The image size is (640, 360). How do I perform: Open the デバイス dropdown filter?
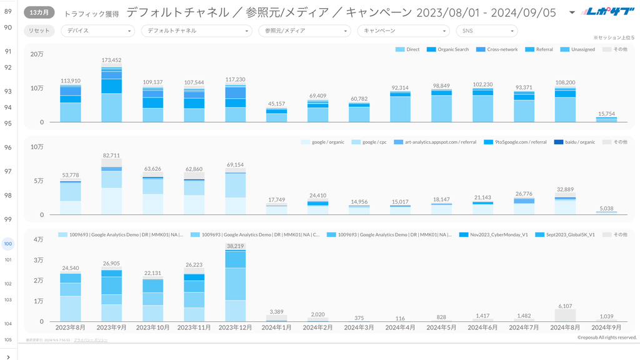tap(97, 31)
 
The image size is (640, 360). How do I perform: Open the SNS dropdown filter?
tap(486, 31)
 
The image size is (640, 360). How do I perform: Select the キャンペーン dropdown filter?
tap(402, 31)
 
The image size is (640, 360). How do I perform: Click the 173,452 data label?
tap(111, 60)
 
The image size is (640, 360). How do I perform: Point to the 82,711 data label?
tap(111, 155)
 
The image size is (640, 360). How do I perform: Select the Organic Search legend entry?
tap(449, 49)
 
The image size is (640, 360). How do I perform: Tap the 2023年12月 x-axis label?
tap(235, 327)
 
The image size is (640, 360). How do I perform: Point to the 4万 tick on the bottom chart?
tap(37, 239)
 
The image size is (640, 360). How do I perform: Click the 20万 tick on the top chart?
tap(37, 54)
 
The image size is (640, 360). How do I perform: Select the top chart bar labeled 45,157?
tap(276, 116)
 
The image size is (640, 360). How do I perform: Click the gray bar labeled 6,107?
tap(565, 316)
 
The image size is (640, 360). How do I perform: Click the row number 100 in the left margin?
tap(8, 244)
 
